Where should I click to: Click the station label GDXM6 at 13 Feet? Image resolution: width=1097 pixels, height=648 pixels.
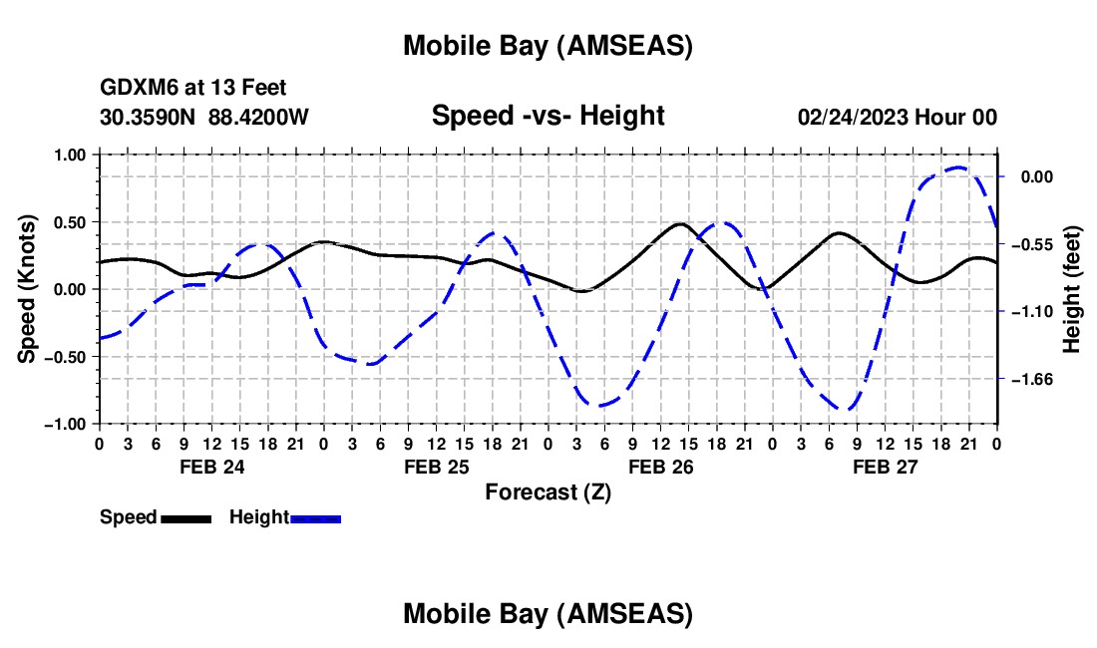193,89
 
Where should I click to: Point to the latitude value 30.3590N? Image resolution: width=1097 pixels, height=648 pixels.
149,117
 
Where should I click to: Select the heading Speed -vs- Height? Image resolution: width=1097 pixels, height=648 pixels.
548,116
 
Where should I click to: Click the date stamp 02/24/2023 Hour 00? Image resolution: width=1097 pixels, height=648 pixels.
898,117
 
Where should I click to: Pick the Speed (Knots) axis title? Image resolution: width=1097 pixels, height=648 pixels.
29,289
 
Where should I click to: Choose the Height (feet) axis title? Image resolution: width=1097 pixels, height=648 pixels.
1072,289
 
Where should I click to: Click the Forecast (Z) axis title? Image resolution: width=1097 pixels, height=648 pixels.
548,491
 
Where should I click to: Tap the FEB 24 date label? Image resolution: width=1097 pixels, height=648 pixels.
210,467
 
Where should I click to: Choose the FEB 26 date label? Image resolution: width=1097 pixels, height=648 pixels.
659,467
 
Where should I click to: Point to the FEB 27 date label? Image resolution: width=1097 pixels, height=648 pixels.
884,467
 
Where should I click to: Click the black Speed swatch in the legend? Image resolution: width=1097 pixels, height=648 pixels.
185,518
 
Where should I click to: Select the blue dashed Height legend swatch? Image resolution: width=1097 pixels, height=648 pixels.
315,518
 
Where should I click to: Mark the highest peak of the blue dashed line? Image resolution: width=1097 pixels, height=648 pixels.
958,167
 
